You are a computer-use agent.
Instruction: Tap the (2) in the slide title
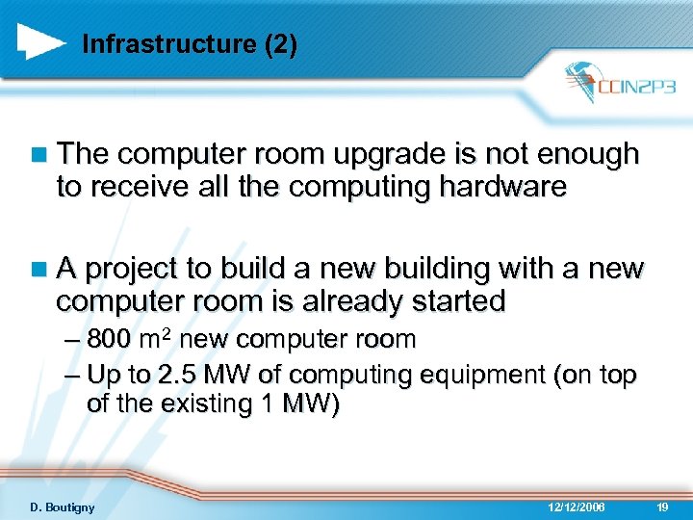tap(281, 44)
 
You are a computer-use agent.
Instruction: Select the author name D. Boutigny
tap(62, 507)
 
